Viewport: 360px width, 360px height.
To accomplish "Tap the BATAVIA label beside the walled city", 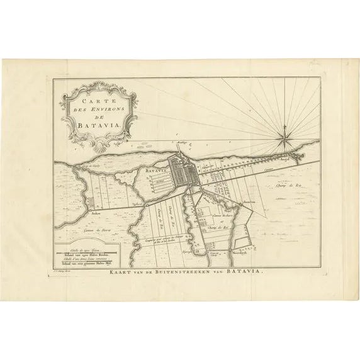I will [x=154, y=170].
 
